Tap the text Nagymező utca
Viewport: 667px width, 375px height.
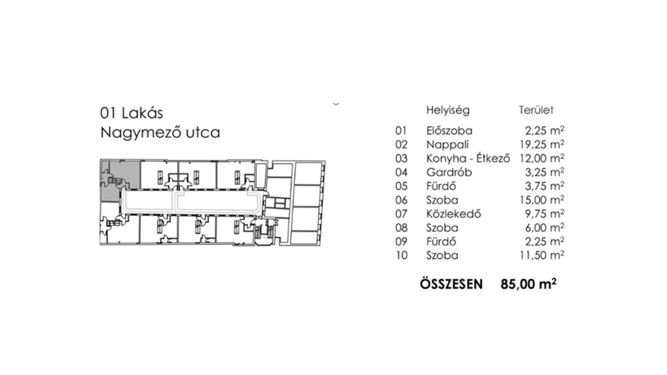[160, 133]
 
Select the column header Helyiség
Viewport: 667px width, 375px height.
[447, 111]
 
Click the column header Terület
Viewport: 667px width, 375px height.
[535, 111]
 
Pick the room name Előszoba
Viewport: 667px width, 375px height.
[449, 130]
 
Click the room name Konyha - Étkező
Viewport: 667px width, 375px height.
[467, 158]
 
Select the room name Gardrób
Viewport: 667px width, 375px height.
[449, 172]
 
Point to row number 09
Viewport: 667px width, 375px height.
[401, 242]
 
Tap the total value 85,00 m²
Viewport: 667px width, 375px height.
[528, 284]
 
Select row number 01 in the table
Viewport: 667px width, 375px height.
[401, 130]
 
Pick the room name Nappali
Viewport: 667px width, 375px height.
[448, 144]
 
